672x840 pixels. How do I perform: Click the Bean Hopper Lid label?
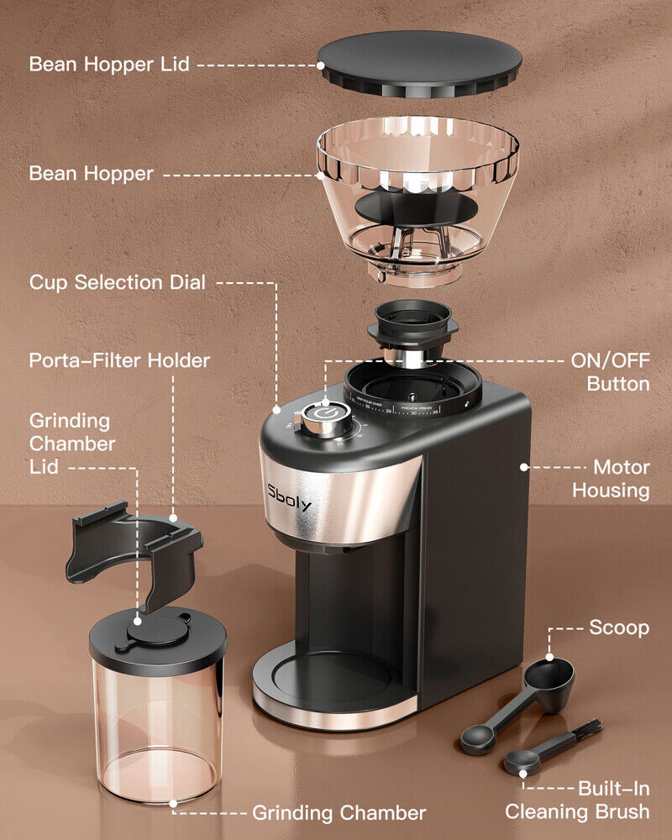click(x=110, y=65)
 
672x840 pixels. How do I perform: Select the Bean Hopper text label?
click(x=91, y=174)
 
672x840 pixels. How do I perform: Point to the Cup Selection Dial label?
click(x=117, y=282)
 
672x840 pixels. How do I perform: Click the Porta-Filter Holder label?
click(x=119, y=361)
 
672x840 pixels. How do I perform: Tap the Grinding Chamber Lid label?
click(x=72, y=444)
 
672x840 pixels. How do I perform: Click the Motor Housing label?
click(x=611, y=479)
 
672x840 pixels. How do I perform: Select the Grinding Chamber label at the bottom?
click(x=339, y=813)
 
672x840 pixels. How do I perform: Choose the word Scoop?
click(x=619, y=628)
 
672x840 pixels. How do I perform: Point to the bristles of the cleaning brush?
click(x=588, y=729)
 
